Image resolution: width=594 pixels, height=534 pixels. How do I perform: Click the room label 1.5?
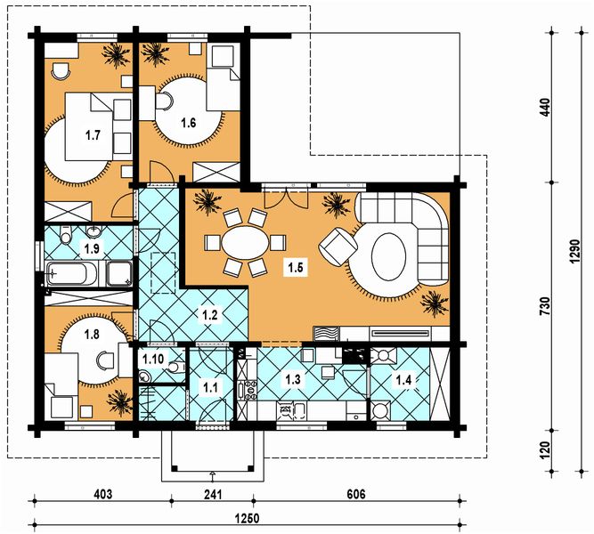pyautogui.click(x=296, y=267)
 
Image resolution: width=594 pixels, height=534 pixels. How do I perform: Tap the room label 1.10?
pyautogui.click(x=152, y=359)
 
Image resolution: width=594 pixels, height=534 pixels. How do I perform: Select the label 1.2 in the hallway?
pyautogui.click(x=210, y=314)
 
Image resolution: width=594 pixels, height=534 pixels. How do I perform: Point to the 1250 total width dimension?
pyautogui.click(x=247, y=518)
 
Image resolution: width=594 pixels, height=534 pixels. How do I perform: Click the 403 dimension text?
pyautogui.click(x=103, y=494)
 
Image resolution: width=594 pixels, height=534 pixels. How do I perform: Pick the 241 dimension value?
pyautogui.click(x=213, y=494)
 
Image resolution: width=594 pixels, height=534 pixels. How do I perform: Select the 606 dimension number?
pyautogui.click(x=356, y=494)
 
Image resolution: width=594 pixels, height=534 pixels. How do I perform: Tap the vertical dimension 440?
pyautogui.click(x=545, y=108)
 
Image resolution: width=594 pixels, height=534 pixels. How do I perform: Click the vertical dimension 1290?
pyautogui.click(x=575, y=252)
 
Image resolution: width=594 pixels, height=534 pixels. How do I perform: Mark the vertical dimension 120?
pyautogui.click(x=545, y=450)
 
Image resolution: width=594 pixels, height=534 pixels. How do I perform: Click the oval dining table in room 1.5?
pyautogui.click(x=245, y=243)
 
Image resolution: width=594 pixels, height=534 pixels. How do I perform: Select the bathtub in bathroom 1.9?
pyautogui.click(x=71, y=273)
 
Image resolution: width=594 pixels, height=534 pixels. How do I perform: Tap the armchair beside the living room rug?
pyautogui.click(x=338, y=247)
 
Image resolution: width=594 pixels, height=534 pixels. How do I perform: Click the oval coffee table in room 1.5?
pyautogui.click(x=388, y=256)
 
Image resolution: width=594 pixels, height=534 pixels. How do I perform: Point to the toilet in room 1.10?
pyautogui.click(x=177, y=367)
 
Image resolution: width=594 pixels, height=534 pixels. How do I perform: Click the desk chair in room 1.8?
pyautogui.click(x=105, y=360)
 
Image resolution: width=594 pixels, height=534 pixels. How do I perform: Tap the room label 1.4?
pyautogui.click(x=403, y=379)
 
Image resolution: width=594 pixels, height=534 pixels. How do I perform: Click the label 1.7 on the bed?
pyautogui.click(x=93, y=134)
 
